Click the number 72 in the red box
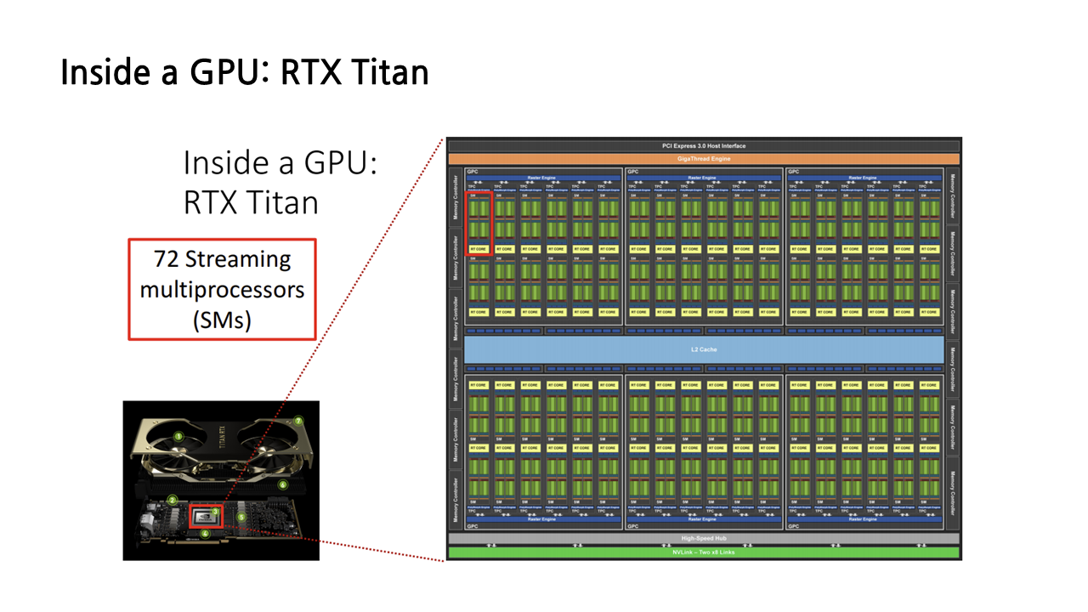pyautogui.click(x=167, y=258)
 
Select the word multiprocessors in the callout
pyautogui.click(x=222, y=289)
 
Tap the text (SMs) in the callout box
pyautogui.click(x=222, y=320)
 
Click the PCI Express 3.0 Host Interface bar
pyautogui.click(x=703, y=146)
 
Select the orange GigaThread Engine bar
pyautogui.click(x=703, y=159)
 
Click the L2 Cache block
pyautogui.click(x=703, y=349)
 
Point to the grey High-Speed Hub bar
pyautogui.click(x=703, y=539)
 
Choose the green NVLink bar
pyautogui.click(x=703, y=552)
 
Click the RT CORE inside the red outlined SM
pyautogui.click(x=480, y=249)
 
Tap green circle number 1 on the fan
pyautogui.click(x=178, y=436)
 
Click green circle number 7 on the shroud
pyautogui.click(x=298, y=421)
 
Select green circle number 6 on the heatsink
pyautogui.click(x=283, y=484)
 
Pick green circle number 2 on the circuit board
pyautogui.click(x=172, y=501)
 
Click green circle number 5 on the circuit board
pyautogui.click(x=241, y=516)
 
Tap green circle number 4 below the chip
pyautogui.click(x=205, y=534)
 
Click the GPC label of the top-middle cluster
pyautogui.click(x=632, y=172)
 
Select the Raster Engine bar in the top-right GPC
pyautogui.click(x=865, y=178)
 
